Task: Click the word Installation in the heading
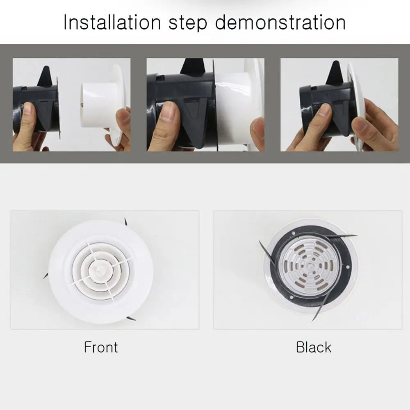(x=110, y=23)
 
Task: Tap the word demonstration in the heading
(x=280, y=23)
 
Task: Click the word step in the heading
(x=187, y=23)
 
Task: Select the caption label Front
(x=101, y=347)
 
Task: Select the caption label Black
(x=313, y=347)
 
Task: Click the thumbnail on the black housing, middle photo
(x=168, y=111)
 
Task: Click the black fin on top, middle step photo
(x=193, y=67)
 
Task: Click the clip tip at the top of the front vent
(x=126, y=222)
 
